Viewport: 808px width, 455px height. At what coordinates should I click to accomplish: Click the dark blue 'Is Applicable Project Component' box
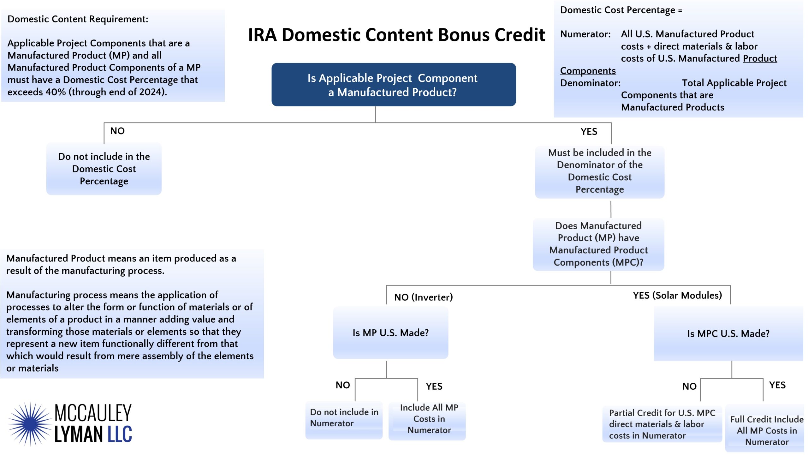pyautogui.click(x=394, y=85)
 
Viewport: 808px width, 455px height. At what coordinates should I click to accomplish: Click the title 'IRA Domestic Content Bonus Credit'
pyautogui.click(x=396, y=35)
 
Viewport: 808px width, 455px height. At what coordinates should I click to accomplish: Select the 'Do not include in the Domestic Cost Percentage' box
pyautogui.click(x=104, y=169)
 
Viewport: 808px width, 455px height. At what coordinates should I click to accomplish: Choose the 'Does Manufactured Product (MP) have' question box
pyautogui.click(x=598, y=244)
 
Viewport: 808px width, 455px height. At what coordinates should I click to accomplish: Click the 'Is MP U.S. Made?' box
pyautogui.click(x=390, y=332)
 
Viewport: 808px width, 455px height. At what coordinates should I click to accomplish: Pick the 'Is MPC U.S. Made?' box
pyautogui.click(x=728, y=333)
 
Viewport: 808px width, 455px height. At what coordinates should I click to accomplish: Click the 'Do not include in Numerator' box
pyautogui.click(x=344, y=420)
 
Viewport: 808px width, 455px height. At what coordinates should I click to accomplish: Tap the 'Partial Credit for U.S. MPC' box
pyautogui.click(x=662, y=424)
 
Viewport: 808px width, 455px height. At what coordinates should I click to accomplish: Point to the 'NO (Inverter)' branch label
pyautogui.click(x=424, y=297)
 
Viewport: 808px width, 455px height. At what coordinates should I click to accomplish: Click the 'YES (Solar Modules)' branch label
pyautogui.click(x=677, y=295)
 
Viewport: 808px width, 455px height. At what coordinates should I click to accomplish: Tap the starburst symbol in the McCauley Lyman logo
pyautogui.click(x=30, y=424)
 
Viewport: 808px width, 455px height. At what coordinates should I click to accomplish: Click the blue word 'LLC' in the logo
pyautogui.click(x=120, y=434)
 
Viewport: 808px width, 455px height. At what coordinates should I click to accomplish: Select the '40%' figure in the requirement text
pyautogui.click(x=56, y=92)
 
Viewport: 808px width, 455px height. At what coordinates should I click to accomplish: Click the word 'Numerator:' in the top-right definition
pyautogui.click(x=585, y=34)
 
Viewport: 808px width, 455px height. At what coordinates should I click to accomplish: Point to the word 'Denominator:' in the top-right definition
pyautogui.click(x=590, y=83)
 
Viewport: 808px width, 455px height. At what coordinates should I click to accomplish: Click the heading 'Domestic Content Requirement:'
pyautogui.click(x=78, y=19)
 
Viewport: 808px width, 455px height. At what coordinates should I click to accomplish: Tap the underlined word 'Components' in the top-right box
pyautogui.click(x=588, y=71)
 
